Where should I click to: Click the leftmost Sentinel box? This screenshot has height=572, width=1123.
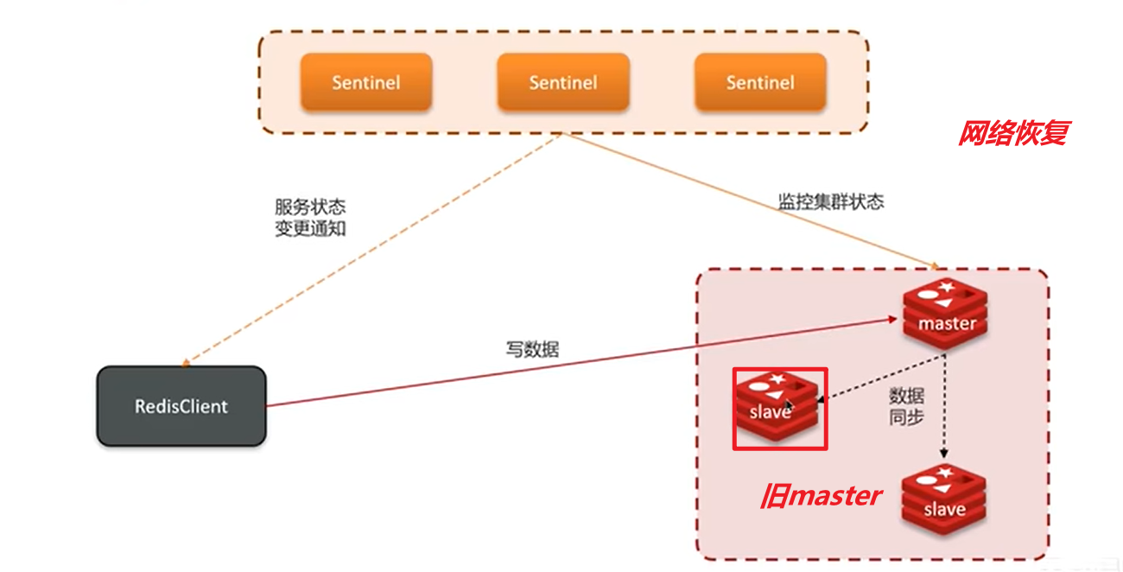[x=365, y=83]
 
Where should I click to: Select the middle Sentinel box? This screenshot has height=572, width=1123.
[x=563, y=83]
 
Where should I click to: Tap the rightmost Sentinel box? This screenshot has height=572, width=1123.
[x=760, y=83]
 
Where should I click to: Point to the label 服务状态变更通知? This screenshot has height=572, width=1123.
[x=309, y=219]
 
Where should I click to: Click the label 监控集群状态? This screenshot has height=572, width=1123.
[x=831, y=202]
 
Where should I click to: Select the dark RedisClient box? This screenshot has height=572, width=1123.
[x=181, y=406]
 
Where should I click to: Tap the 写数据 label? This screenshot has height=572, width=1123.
[x=532, y=350]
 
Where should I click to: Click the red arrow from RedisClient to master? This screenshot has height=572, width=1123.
[x=587, y=361]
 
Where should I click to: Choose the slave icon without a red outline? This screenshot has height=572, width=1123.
[x=944, y=501]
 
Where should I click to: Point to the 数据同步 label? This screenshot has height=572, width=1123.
[x=906, y=406]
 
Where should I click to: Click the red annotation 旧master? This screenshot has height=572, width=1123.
[x=822, y=496]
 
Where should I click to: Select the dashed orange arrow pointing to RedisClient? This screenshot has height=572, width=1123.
[x=371, y=249]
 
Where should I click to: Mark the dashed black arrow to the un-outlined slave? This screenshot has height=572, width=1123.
[x=945, y=406]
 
